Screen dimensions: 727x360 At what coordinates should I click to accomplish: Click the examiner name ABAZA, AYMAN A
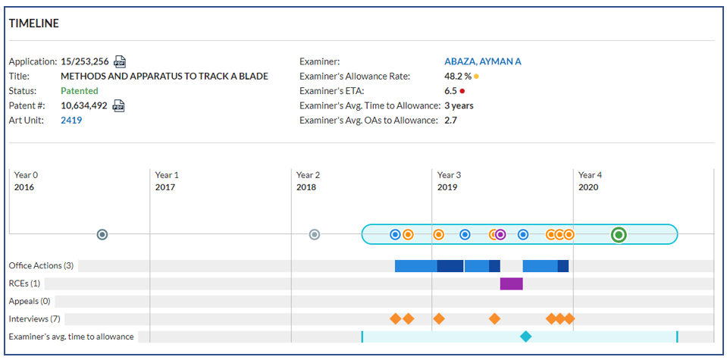click(483, 61)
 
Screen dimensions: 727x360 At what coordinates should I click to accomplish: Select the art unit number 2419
click(71, 121)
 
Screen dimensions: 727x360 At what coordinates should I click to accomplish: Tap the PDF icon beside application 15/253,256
click(120, 61)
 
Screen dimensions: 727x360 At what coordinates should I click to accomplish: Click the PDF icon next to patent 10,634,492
click(119, 105)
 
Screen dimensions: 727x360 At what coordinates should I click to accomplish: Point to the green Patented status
click(80, 91)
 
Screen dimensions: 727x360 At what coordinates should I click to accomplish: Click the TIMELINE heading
click(34, 23)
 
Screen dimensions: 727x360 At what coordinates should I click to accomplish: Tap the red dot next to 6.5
click(462, 91)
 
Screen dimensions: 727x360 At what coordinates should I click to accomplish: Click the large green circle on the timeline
click(619, 235)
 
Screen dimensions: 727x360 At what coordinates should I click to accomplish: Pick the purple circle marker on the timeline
click(500, 235)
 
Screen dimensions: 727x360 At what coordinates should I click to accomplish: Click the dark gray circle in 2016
click(102, 235)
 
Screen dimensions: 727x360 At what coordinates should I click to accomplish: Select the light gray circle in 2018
click(315, 235)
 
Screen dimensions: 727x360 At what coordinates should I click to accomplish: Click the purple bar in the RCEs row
click(512, 283)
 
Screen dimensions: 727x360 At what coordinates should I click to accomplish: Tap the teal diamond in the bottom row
click(525, 337)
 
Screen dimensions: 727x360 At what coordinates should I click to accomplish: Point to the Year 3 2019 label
click(449, 181)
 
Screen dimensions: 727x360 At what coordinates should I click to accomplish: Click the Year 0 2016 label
click(26, 181)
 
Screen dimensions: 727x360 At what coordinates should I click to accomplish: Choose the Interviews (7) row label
click(35, 319)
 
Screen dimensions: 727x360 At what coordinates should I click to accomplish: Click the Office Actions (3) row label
click(41, 266)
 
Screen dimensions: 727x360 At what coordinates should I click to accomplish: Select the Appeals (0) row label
click(30, 301)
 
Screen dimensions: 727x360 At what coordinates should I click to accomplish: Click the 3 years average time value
click(459, 105)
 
